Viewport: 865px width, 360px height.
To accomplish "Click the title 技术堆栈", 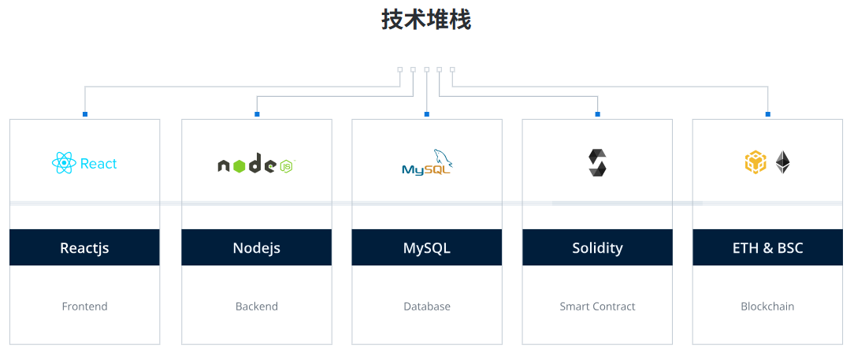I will [x=426, y=20].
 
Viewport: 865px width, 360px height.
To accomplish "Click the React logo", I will [x=84, y=163].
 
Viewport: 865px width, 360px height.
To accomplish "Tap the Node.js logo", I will [x=256, y=165].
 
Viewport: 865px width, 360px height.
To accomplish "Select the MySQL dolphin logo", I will [x=426, y=163].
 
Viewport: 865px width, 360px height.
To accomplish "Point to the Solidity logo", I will [x=597, y=162].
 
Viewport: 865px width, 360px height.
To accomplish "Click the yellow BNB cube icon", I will [x=755, y=162].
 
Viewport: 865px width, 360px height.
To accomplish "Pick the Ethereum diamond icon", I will [x=782, y=162].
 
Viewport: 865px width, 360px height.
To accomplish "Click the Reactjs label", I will [x=84, y=248].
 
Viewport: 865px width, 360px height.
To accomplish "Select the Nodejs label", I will [x=256, y=248].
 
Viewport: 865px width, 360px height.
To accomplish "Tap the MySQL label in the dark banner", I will [x=426, y=248].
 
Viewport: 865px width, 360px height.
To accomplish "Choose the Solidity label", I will [x=597, y=248].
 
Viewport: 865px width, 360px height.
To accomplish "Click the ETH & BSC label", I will [x=767, y=248].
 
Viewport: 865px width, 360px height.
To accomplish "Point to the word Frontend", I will [x=84, y=306].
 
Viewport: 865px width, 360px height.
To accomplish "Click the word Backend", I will [x=256, y=306].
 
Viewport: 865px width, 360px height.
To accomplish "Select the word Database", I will [x=426, y=306].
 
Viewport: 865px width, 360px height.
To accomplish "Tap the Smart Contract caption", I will [x=597, y=306].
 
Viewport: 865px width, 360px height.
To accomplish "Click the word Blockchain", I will [x=767, y=306].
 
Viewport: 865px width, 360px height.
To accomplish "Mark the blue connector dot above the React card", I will [x=85, y=114].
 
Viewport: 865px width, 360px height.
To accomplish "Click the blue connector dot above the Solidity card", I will [x=598, y=114].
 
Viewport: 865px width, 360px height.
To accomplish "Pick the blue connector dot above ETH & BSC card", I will [x=768, y=114].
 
